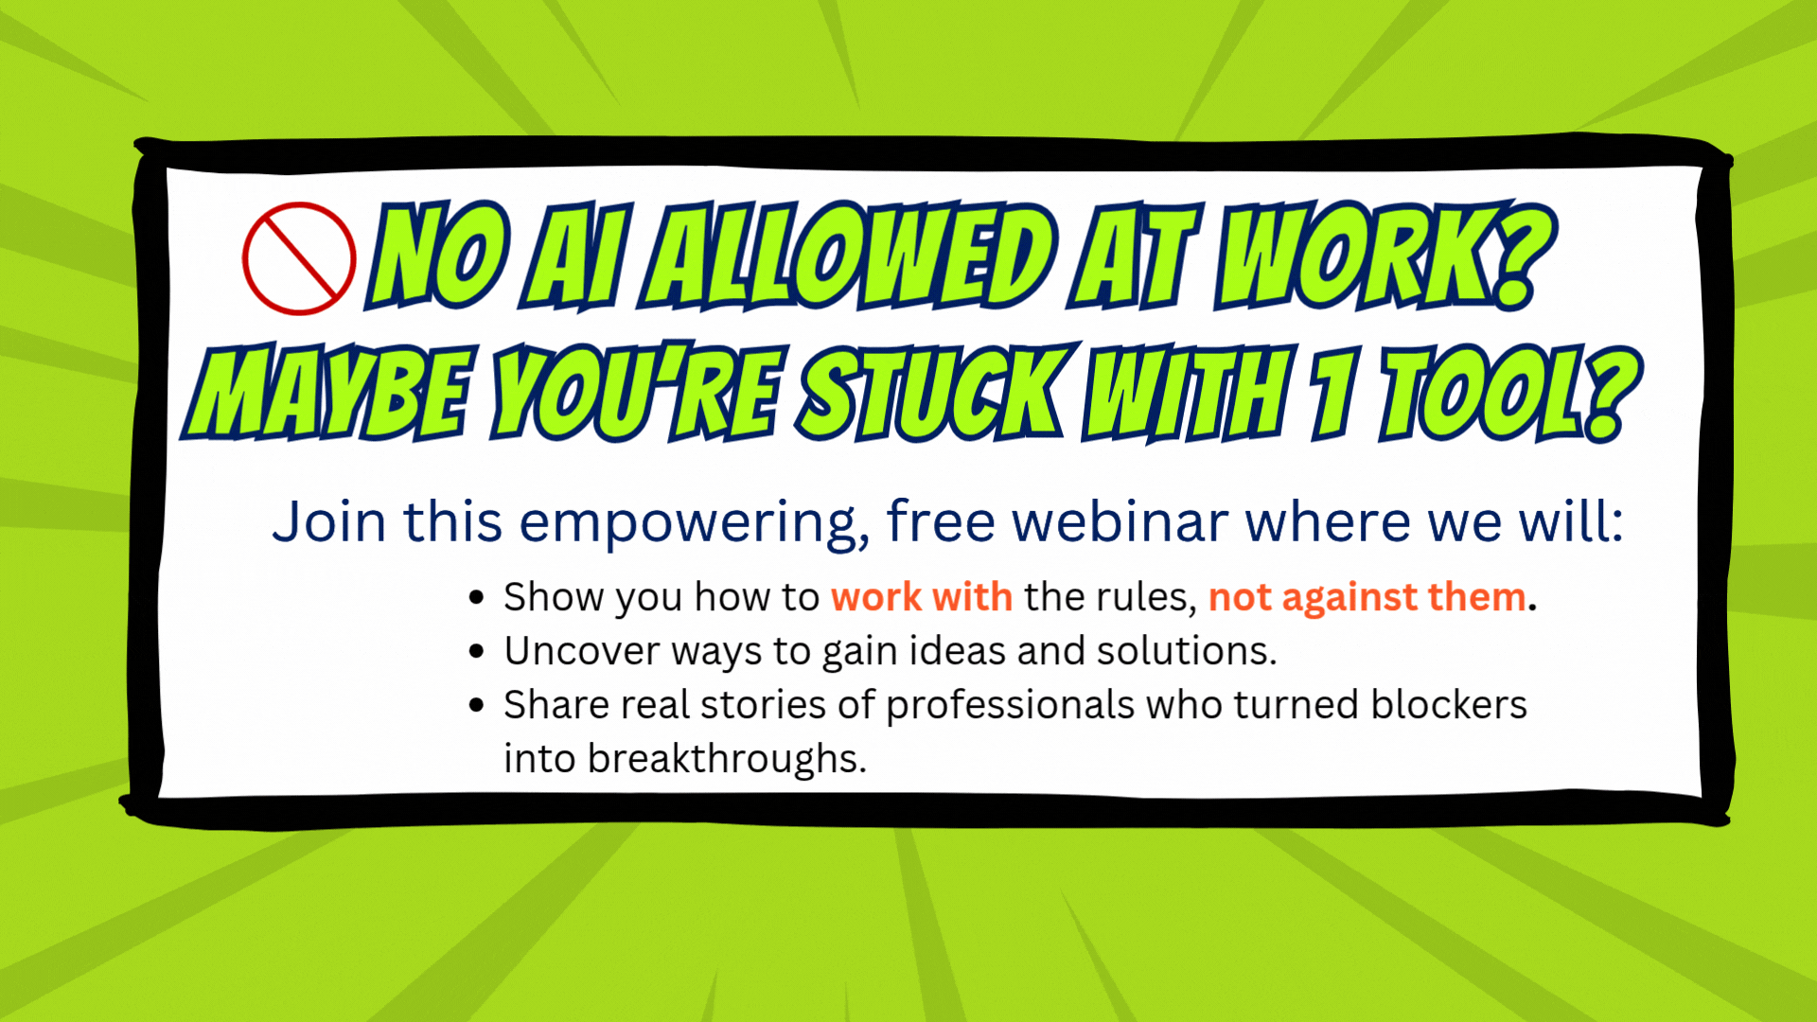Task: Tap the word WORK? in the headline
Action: point(1385,256)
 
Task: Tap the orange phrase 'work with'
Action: point(922,597)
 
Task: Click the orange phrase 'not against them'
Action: point(1367,597)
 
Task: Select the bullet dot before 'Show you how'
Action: point(477,598)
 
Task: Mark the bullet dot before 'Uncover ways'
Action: point(477,652)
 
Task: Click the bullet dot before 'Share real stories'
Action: point(477,706)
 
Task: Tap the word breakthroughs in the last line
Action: point(727,759)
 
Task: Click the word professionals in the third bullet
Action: point(1010,706)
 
